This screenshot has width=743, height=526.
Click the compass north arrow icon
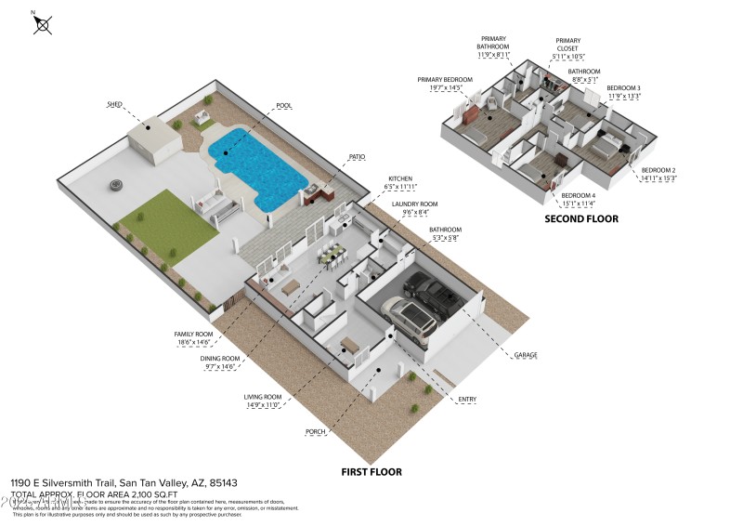42,22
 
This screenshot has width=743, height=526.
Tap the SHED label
114,105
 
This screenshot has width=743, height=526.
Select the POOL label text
283,106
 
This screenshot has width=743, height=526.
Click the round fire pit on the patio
117,184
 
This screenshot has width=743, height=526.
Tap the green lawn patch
167,216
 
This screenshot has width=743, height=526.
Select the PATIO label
357,157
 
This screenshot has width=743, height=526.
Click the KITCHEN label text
400,178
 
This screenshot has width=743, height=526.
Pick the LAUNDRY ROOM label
413,204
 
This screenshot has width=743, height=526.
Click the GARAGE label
523,354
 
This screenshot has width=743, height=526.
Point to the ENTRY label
467,400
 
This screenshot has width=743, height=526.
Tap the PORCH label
316,432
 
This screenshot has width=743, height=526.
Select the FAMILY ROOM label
193,334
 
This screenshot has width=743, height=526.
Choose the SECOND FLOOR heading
581,219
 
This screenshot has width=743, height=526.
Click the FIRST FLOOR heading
371,472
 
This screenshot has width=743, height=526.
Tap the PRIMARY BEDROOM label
445,80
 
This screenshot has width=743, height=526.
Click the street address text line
124,483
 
